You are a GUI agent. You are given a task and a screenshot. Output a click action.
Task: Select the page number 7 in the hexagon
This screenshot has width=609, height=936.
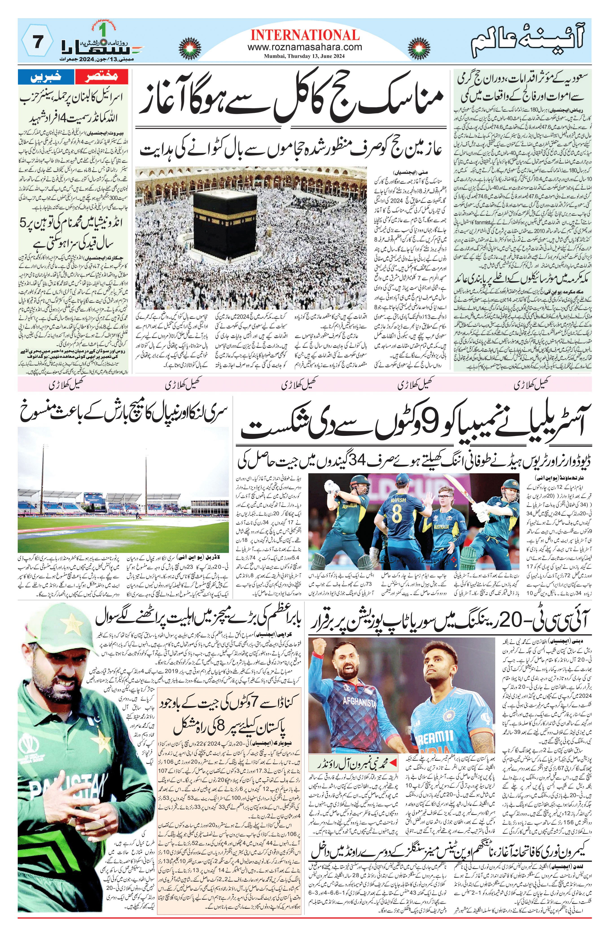tap(37, 42)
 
